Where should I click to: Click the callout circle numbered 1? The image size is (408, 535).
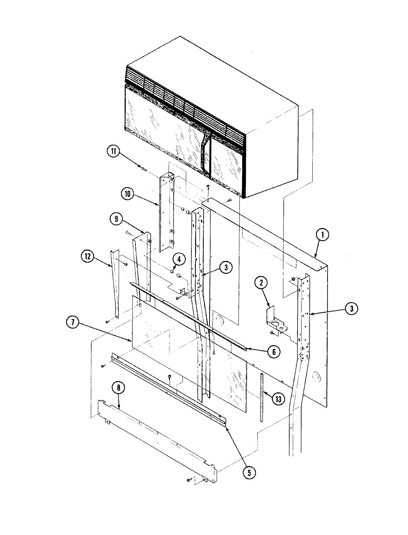(322, 235)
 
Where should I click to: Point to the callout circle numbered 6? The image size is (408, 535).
(273, 352)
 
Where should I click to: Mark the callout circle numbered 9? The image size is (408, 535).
(116, 220)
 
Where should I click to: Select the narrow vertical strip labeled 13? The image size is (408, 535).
(262, 398)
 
